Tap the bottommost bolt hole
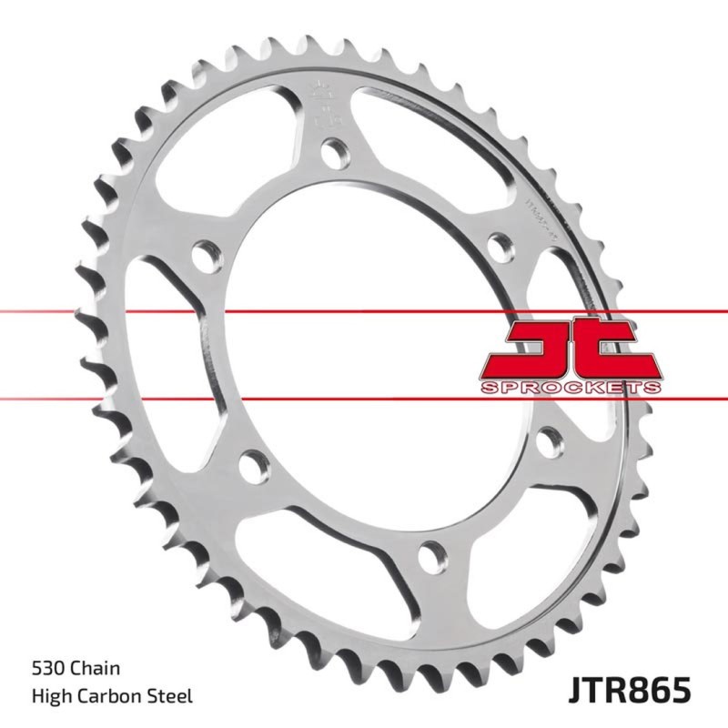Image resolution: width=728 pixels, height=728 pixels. pyautogui.click(x=434, y=551)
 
